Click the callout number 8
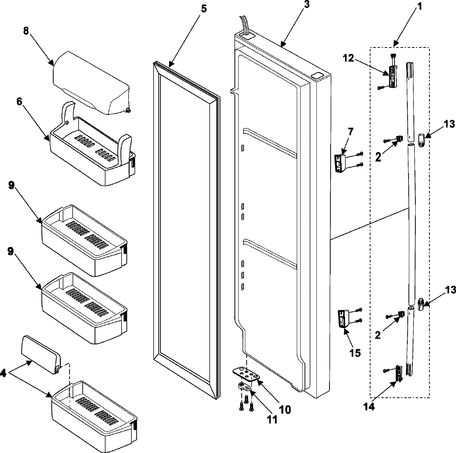coord(26,32)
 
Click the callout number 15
coord(355,353)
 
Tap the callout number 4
coord(3,374)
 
